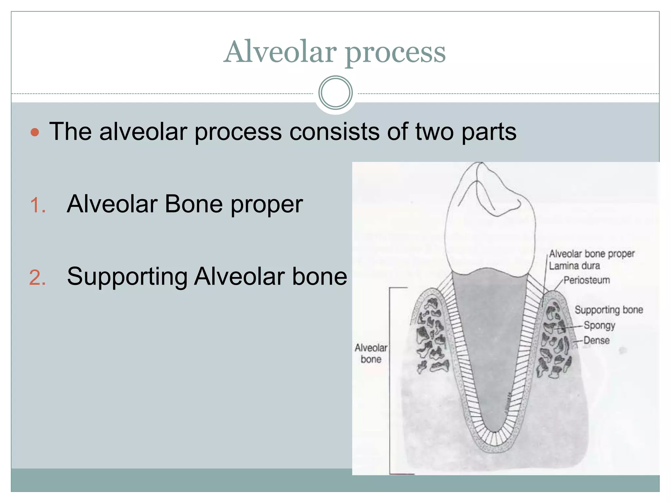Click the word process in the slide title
[395, 53]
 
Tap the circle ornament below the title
[335, 93]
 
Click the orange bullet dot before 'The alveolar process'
[35, 132]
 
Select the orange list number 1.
[37, 206]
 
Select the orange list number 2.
[37, 278]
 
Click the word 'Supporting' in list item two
[127, 277]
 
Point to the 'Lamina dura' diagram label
[574, 266]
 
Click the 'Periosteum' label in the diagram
[586, 280]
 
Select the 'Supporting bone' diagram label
[608, 310]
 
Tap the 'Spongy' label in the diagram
[599, 325]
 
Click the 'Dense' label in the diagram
[596, 340]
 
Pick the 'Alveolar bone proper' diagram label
[592, 254]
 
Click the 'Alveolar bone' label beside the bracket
[371, 353]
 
